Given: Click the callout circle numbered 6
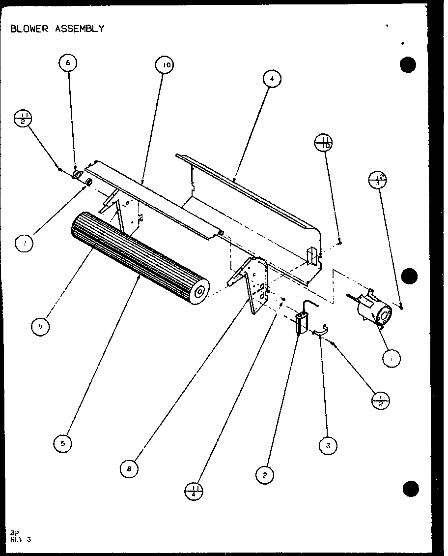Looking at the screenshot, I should tap(68, 63).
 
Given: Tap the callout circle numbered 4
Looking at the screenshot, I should tap(272, 78).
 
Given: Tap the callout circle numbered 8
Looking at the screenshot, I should tap(129, 469).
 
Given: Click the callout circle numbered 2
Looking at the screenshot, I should tap(265, 474).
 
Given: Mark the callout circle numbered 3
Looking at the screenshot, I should tap(328, 446).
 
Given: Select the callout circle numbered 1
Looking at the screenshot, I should tap(391, 359).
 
